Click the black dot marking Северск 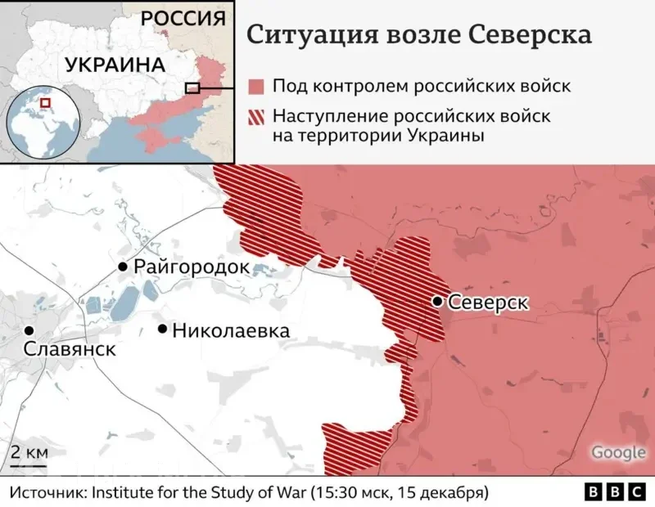point(438,302)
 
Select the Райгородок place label point(192,267)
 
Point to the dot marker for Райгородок point(123,267)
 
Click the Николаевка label point(232,330)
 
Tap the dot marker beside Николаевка point(163,330)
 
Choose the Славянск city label point(70,350)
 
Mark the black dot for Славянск point(29,330)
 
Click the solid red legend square point(256,86)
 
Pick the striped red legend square point(256,117)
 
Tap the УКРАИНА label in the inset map point(114,65)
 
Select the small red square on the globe point(45,104)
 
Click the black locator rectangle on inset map point(192,87)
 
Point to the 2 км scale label point(29,453)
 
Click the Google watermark point(618,453)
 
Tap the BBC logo point(615,492)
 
